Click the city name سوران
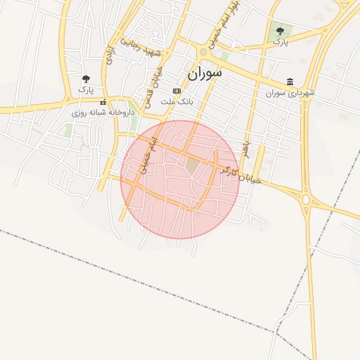click(x=205, y=72)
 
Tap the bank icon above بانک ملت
click(x=176, y=91)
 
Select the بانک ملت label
click(x=176, y=102)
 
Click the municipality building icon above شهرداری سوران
click(x=290, y=82)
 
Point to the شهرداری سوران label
click(x=290, y=93)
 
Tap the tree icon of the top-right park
click(x=281, y=31)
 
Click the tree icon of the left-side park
click(x=86, y=79)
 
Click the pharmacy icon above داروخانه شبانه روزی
click(x=103, y=102)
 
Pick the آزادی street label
click(x=110, y=56)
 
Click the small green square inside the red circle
click(x=193, y=165)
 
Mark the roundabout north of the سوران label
click(x=203, y=51)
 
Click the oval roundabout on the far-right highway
click(x=306, y=200)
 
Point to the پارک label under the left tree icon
click(x=86, y=89)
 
